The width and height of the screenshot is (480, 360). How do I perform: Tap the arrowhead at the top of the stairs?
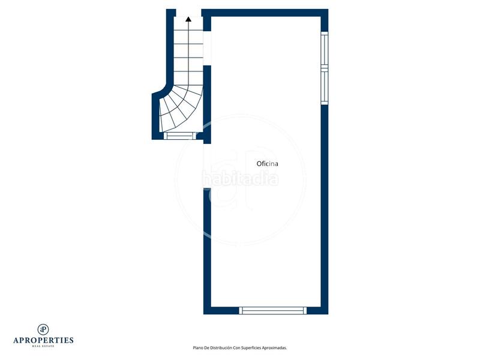pos(188,19)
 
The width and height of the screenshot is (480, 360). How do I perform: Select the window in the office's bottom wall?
pos(273,310)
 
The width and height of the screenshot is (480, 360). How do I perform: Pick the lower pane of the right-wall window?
pos(325,87)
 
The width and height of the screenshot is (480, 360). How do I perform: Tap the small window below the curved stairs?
pos(180,136)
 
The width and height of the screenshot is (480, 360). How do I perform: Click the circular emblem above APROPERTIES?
pos(43,329)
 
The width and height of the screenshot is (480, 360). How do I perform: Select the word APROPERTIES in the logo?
pos(43,340)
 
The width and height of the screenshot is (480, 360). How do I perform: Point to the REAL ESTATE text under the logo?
pos(43,346)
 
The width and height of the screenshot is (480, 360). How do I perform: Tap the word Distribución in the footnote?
pos(221,347)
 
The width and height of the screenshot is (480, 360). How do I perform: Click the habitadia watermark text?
pos(240,179)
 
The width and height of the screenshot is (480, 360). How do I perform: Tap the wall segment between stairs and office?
pos(208,102)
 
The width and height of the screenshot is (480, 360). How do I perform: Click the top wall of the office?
pos(264,13)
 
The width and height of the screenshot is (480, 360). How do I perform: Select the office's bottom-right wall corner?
pos(325,310)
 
